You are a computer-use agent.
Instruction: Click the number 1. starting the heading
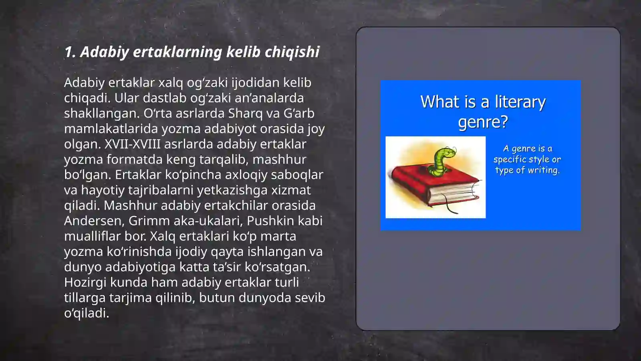[70, 52]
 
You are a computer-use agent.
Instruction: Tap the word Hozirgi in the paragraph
[85, 282]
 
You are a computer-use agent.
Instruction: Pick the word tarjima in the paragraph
[130, 298]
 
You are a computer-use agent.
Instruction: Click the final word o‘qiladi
[87, 313]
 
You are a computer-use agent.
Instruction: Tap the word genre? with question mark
[483, 121]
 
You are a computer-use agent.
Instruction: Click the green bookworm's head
[448, 153]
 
